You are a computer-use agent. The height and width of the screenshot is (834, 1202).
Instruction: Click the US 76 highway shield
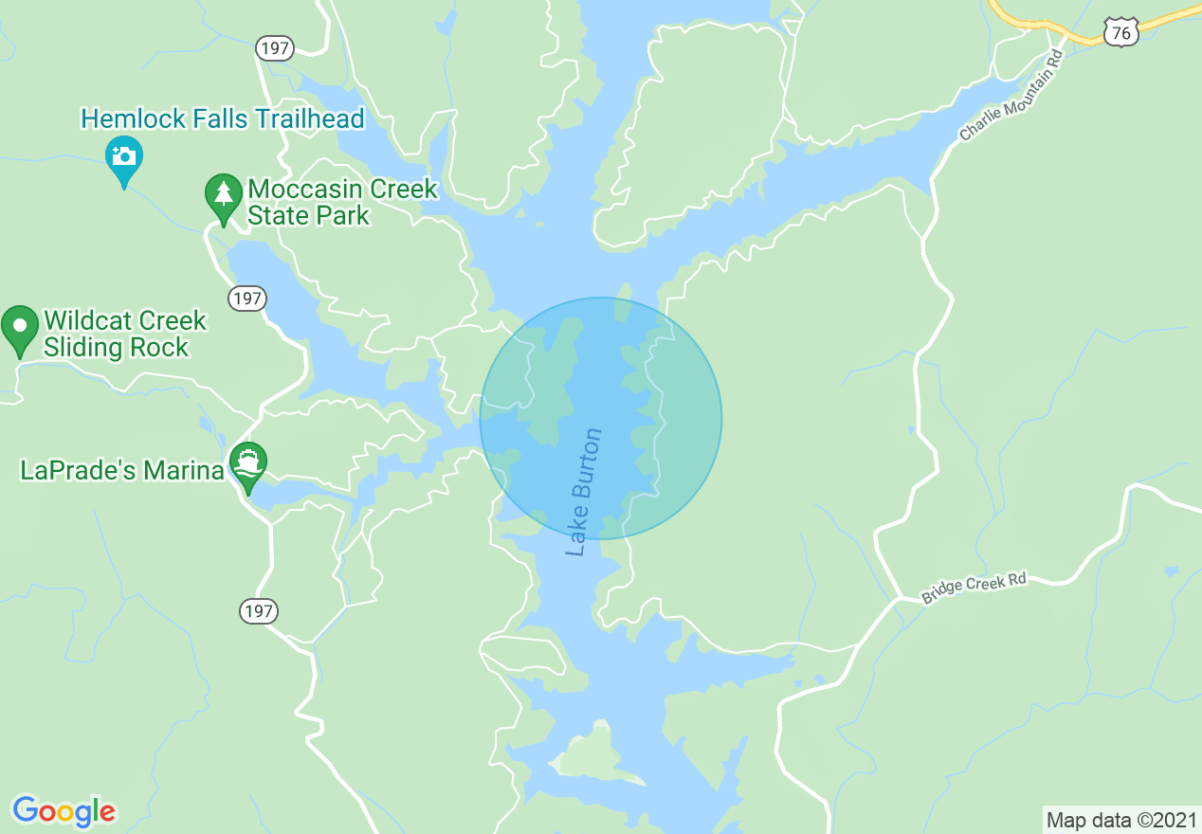click(1121, 33)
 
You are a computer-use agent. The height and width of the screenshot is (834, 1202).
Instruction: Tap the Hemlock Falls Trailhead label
click(223, 118)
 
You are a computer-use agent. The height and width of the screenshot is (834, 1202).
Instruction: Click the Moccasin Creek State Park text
click(342, 202)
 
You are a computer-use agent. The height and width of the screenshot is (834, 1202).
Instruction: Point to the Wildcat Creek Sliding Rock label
click(124, 334)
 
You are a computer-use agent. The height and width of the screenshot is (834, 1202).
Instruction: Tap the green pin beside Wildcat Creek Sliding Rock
click(19, 328)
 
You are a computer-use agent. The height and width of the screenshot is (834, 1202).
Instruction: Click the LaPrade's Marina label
click(121, 470)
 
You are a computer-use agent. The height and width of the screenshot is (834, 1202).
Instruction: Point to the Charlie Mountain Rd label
click(1011, 97)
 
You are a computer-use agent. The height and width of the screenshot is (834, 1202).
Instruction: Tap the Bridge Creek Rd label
click(974, 588)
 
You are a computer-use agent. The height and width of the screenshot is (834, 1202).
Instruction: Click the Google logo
click(64, 811)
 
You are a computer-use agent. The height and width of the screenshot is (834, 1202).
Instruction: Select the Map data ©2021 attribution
click(1120, 819)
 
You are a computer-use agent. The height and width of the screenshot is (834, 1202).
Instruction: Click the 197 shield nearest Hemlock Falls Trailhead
click(275, 48)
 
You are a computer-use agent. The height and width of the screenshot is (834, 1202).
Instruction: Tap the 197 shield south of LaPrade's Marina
click(259, 611)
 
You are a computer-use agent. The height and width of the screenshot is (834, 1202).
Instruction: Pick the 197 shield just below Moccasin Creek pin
click(247, 299)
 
